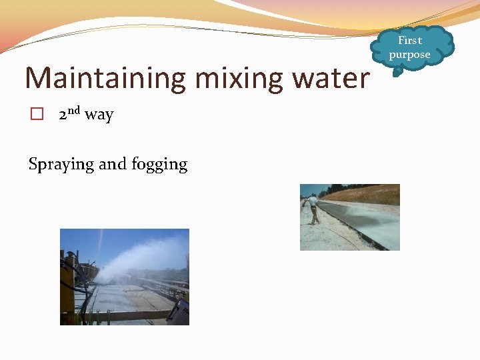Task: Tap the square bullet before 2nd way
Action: (x=37, y=115)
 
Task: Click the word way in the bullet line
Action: (x=99, y=115)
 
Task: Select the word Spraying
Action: (x=61, y=165)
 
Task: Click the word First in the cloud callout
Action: (x=410, y=41)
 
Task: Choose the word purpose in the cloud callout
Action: (x=410, y=55)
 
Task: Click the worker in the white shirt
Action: (x=313, y=209)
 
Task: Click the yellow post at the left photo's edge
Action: (x=67, y=287)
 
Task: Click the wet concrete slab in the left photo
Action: (x=127, y=297)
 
